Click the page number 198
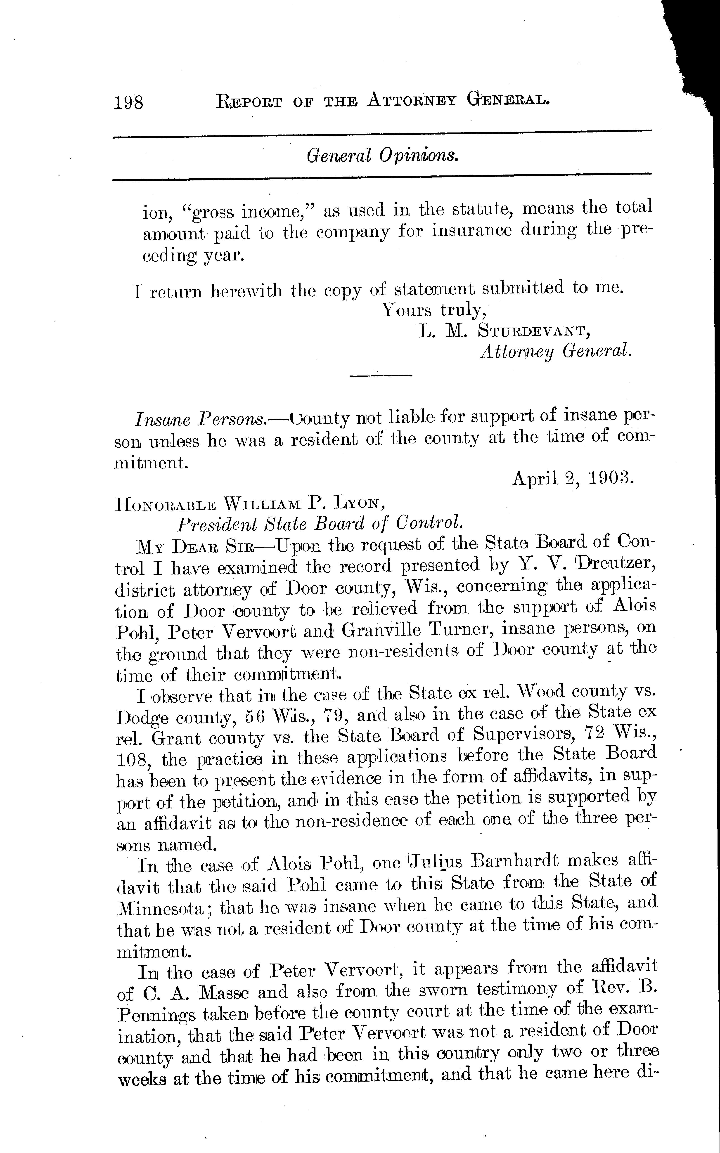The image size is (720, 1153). pos(128,102)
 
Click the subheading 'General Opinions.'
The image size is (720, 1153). pos(382,155)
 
